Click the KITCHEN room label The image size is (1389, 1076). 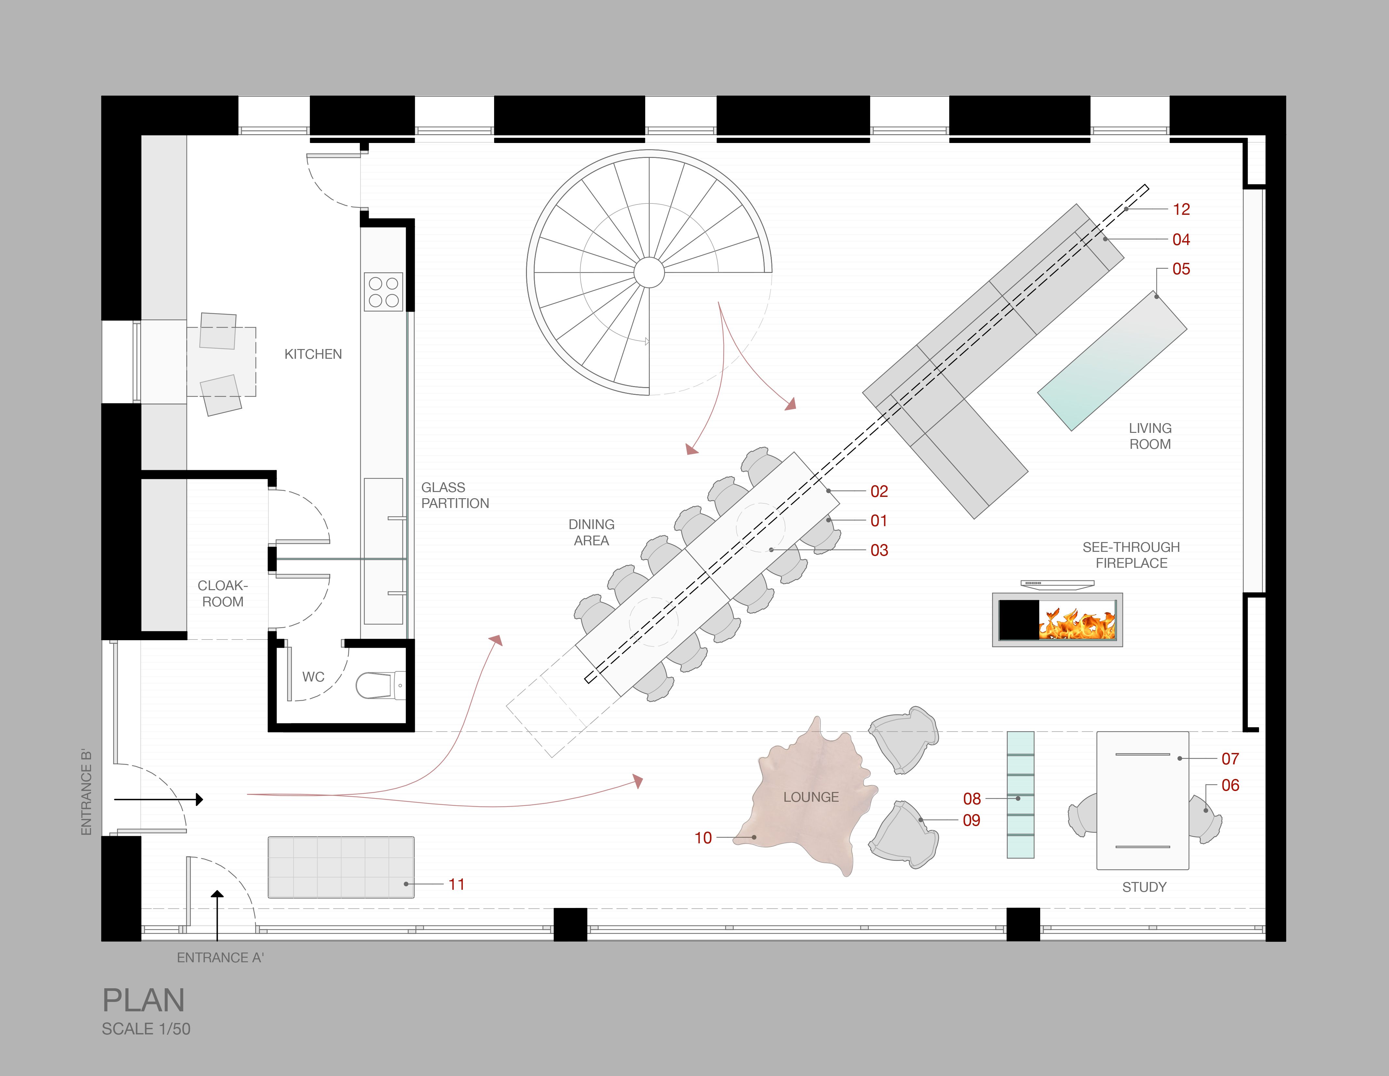[x=313, y=354]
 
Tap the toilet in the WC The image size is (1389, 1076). [x=375, y=685]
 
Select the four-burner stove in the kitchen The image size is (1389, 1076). [x=384, y=292]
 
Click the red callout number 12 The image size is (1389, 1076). [x=1181, y=209]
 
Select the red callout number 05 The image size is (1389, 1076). [x=1181, y=269]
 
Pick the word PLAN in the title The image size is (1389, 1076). [x=144, y=1000]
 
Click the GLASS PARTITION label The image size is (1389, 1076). [x=455, y=495]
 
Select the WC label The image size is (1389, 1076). [x=313, y=677]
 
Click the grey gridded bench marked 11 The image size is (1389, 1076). [x=341, y=867]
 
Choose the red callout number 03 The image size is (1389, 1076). [x=879, y=550]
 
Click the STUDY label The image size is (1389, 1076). [x=1144, y=887]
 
